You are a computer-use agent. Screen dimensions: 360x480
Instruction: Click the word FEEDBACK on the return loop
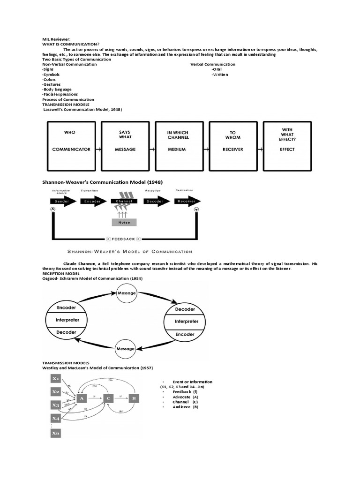point(124,239)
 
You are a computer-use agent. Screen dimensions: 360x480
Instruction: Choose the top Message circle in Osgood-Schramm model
point(127,293)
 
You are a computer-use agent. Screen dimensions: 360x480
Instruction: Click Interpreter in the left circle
point(67,320)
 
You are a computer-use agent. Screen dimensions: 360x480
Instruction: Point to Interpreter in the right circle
point(187,322)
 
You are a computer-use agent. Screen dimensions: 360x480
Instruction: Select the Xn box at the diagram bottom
point(56,434)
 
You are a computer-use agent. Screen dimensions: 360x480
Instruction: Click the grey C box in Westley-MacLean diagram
point(108,398)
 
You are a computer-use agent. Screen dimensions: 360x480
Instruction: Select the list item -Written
point(220,75)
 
